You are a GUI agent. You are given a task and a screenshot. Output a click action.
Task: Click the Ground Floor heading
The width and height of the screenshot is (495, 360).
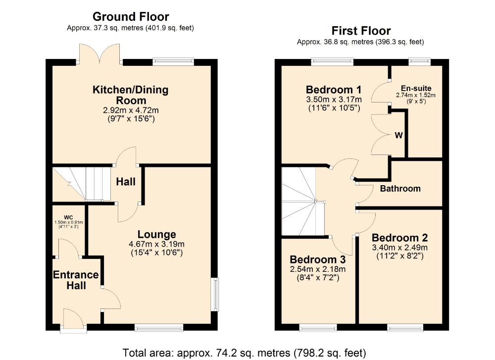131,16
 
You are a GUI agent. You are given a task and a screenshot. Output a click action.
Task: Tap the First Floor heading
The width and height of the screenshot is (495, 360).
361,31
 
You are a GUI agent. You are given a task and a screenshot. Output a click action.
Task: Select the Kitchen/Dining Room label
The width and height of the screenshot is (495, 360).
130,95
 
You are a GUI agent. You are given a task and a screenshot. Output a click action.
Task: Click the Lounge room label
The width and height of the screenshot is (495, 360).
156,234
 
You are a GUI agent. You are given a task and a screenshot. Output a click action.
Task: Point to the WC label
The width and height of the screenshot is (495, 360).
68,217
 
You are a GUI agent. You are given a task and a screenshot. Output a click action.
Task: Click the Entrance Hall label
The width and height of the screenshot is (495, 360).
76,280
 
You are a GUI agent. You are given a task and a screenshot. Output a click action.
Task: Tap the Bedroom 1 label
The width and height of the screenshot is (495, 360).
333,90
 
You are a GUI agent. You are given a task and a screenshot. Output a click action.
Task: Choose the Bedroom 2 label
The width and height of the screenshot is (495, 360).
399,238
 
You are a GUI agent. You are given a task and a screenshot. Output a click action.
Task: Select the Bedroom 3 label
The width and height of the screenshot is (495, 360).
318,259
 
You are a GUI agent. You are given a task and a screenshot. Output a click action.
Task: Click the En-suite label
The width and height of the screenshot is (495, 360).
416,89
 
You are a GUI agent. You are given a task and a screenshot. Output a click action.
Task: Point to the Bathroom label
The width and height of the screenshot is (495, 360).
400,189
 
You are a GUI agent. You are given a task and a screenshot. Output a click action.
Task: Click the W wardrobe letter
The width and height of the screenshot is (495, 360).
398,136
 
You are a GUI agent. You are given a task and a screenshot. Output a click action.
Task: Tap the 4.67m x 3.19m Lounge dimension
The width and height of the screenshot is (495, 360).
156,244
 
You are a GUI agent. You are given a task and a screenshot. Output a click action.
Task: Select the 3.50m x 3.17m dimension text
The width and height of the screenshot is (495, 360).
334,100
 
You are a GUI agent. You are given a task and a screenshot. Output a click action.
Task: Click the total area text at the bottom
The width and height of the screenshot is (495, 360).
244,353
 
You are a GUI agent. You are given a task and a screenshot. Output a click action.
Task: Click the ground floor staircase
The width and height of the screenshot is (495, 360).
82,184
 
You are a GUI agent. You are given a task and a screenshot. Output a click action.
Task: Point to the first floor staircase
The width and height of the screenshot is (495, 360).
303,202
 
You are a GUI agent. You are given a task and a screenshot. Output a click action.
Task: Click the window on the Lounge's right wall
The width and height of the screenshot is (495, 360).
215,294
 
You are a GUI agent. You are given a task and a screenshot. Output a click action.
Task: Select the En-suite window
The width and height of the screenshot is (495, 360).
420,61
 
